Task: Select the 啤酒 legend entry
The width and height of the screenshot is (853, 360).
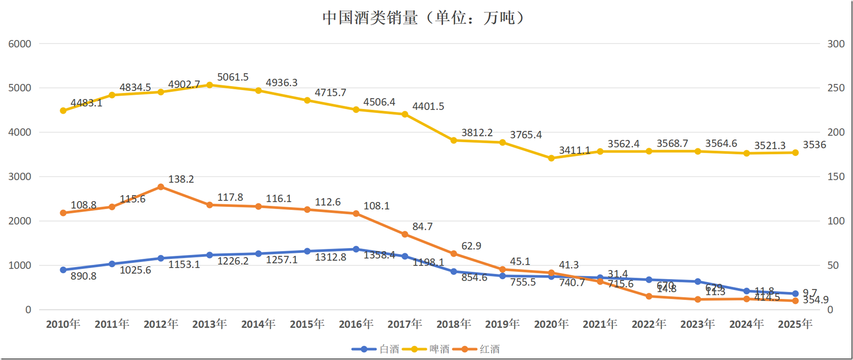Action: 439,349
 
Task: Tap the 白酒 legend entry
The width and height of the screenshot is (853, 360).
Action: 389,349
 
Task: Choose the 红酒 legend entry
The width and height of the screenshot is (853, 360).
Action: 490,349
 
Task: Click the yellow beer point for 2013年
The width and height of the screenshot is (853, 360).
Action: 210,85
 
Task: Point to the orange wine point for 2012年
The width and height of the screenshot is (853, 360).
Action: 161,187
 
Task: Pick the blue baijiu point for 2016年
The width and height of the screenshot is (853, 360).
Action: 356,249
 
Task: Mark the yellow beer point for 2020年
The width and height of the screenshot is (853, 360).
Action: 551,158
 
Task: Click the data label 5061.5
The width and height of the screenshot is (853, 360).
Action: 233,77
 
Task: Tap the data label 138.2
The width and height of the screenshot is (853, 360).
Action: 181,179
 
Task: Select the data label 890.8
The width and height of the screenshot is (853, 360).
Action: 83,276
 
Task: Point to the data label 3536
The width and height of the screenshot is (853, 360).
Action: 814,145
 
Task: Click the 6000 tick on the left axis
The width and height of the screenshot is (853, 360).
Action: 20,44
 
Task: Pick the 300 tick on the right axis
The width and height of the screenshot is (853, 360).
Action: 836,44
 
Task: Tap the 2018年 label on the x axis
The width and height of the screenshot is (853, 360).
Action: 454,324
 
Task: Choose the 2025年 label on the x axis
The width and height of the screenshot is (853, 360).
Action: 795,324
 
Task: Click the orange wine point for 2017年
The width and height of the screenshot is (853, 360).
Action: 405,234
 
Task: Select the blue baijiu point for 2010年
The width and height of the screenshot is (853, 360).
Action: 63,270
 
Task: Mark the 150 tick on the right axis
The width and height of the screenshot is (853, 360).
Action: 836,177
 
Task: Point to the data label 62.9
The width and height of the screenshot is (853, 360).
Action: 471,246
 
